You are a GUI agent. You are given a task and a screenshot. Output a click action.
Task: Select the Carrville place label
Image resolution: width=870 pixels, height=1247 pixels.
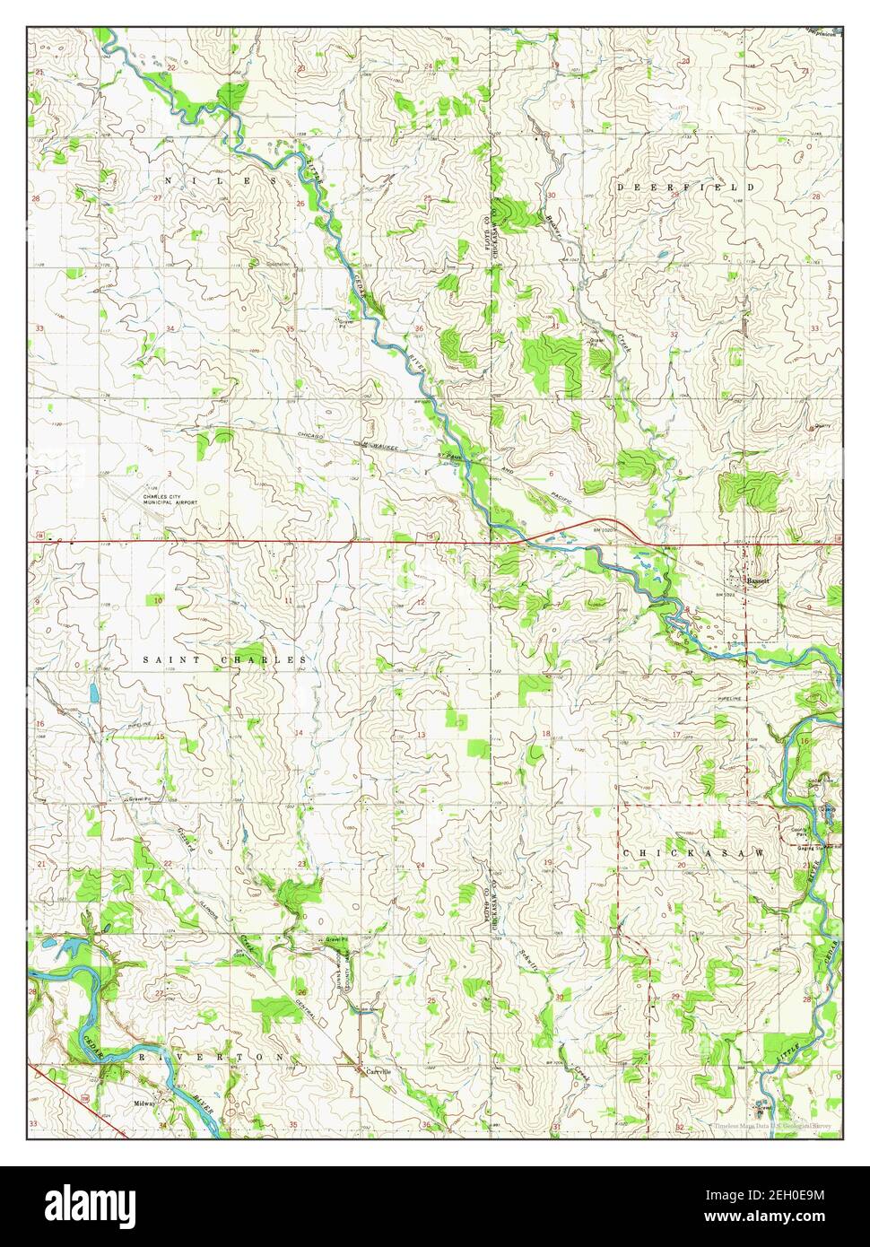click(x=377, y=1071)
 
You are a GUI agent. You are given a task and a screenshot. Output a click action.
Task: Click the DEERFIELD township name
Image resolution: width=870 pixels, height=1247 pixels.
click(x=684, y=187)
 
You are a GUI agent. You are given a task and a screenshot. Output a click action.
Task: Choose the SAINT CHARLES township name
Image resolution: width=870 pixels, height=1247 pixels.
click(x=225, y=659)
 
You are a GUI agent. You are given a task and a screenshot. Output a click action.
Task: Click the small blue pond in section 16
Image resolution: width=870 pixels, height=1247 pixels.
click(x=92, y=693)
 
